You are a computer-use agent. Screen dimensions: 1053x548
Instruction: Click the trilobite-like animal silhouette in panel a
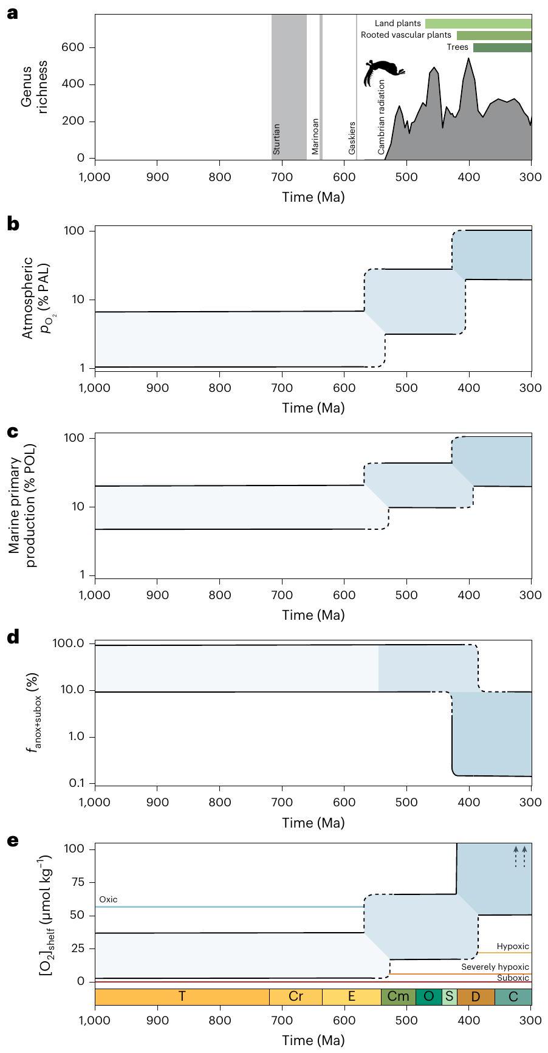[382, 70]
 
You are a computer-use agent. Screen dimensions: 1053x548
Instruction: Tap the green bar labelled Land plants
[478, 24]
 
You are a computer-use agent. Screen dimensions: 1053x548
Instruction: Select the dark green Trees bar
[502, 47]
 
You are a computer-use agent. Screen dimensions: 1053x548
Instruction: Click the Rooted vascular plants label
[406, 35]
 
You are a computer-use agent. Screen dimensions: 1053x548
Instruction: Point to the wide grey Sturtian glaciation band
[289, 85]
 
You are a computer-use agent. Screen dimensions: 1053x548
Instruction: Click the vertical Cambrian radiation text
[382, 116]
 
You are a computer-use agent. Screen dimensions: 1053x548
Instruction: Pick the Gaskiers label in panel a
[352, 137]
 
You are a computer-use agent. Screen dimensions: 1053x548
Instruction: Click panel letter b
[13, 224]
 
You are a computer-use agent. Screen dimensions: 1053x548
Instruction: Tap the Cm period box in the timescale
[398, 996]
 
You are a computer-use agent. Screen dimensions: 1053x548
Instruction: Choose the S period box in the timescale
[449, 996]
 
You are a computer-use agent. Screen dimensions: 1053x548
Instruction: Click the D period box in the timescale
[476, 996]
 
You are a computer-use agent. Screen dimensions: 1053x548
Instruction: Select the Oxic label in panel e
[108, 899]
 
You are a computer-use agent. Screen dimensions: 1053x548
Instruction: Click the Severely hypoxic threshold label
[495, 967]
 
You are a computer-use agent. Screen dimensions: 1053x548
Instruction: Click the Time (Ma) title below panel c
[313, 615]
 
